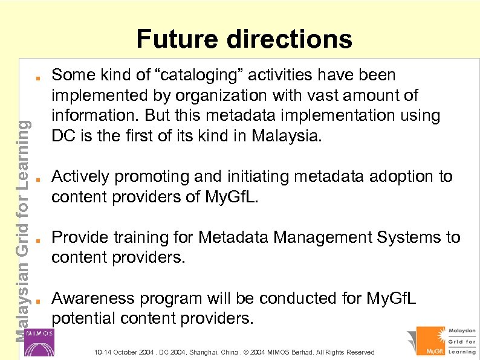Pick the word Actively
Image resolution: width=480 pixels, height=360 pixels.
81,176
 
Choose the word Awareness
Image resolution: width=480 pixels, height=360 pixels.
93,298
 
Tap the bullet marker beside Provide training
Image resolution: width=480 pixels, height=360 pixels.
37,239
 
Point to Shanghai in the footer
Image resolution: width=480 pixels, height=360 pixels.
206,352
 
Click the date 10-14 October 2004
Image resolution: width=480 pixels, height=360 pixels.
121,352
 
